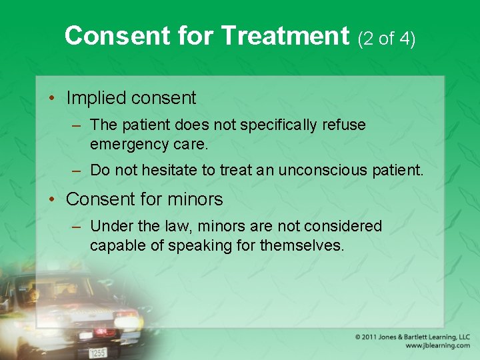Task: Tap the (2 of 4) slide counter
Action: (x=387, y=39)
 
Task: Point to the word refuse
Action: (x=343, y=125)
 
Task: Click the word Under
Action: (x=109, y=227)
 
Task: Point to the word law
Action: (x=180, y=227)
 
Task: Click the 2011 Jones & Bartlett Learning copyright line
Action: (x=413, y=337)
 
